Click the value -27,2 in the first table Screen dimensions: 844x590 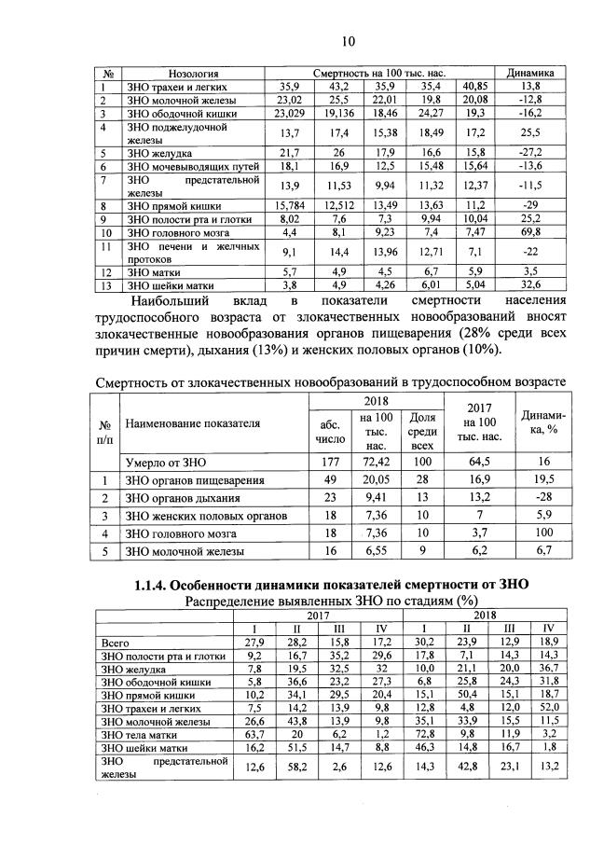click(x=529, y=152)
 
